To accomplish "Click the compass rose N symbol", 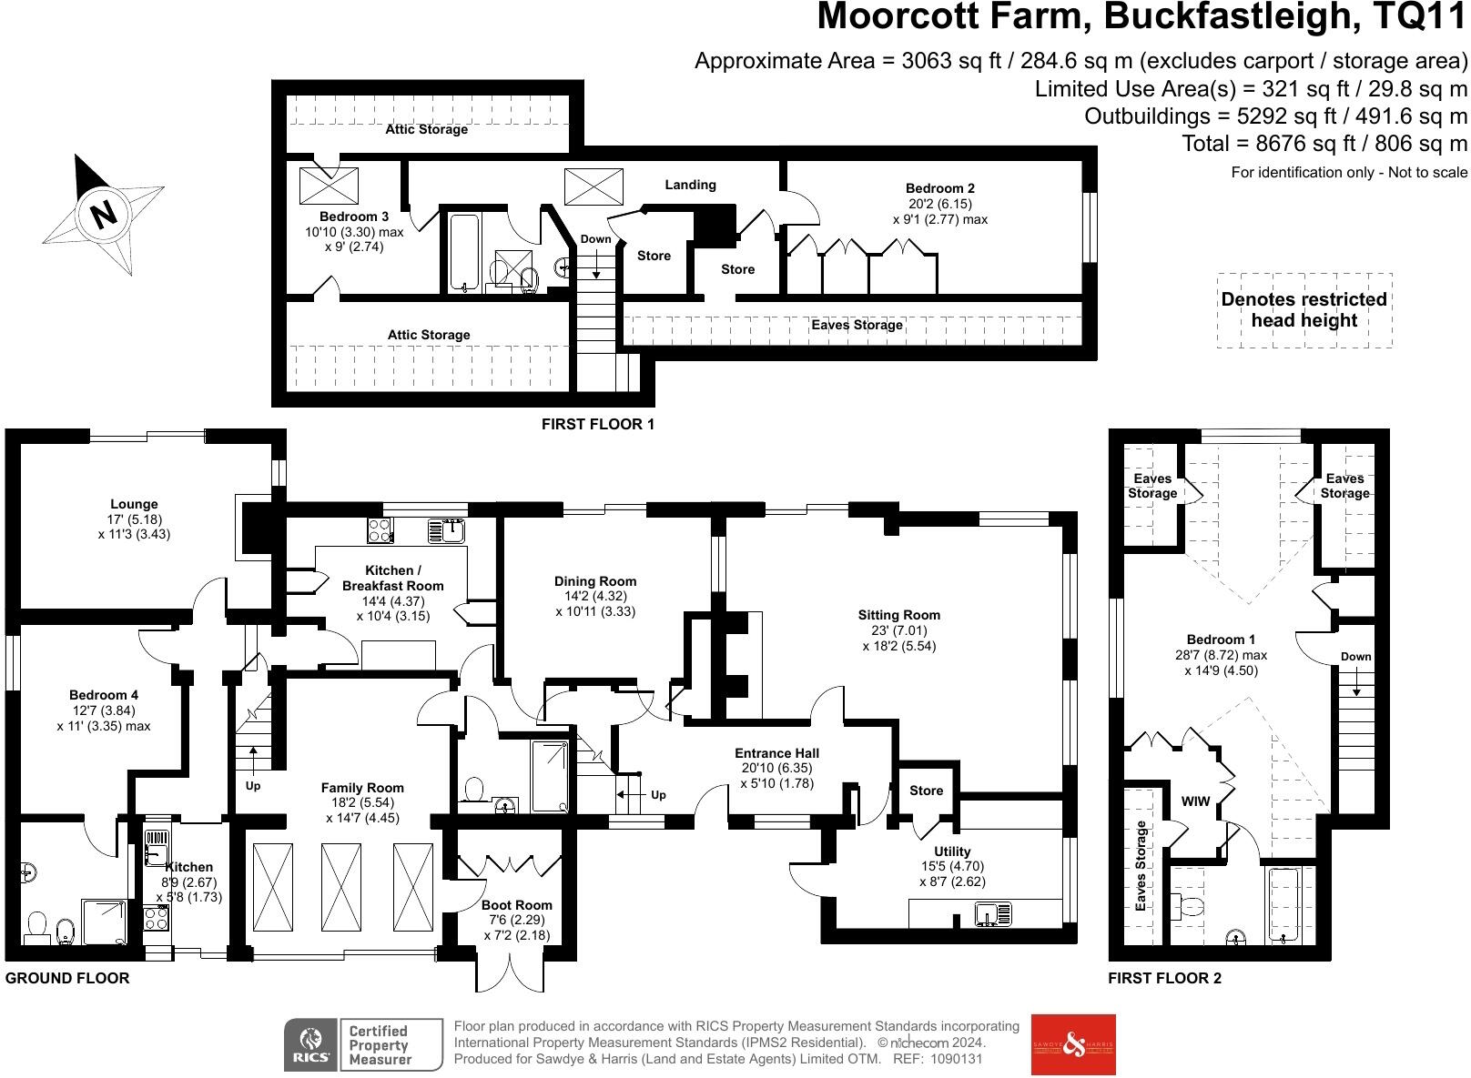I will click(104, 216).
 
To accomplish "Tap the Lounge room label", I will click(134, 504).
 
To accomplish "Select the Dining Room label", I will click(595, 581).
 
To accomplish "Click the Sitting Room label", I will click(898, 615).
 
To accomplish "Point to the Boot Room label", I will click(516, 905).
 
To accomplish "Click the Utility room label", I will click(952, 852).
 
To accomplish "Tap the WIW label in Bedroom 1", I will click(1195, 801).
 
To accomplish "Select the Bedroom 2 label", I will click(940, 189).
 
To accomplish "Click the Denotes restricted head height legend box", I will click(1304, 310).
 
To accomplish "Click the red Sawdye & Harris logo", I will click(1072, 1044).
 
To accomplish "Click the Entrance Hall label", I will click(776, 753).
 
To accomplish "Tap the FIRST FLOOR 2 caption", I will click(1164, 979).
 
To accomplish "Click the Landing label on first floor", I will click(690, 185).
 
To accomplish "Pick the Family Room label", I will click(362, 788).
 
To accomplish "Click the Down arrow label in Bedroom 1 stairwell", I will click(1355, 657).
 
